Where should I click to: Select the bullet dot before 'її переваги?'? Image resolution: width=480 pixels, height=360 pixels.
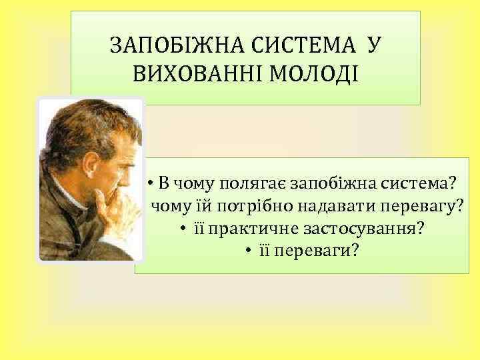pyautogui.click(x=247, y=251)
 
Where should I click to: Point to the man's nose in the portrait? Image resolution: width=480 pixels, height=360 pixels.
pyautogui.click(x=137, y=173)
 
